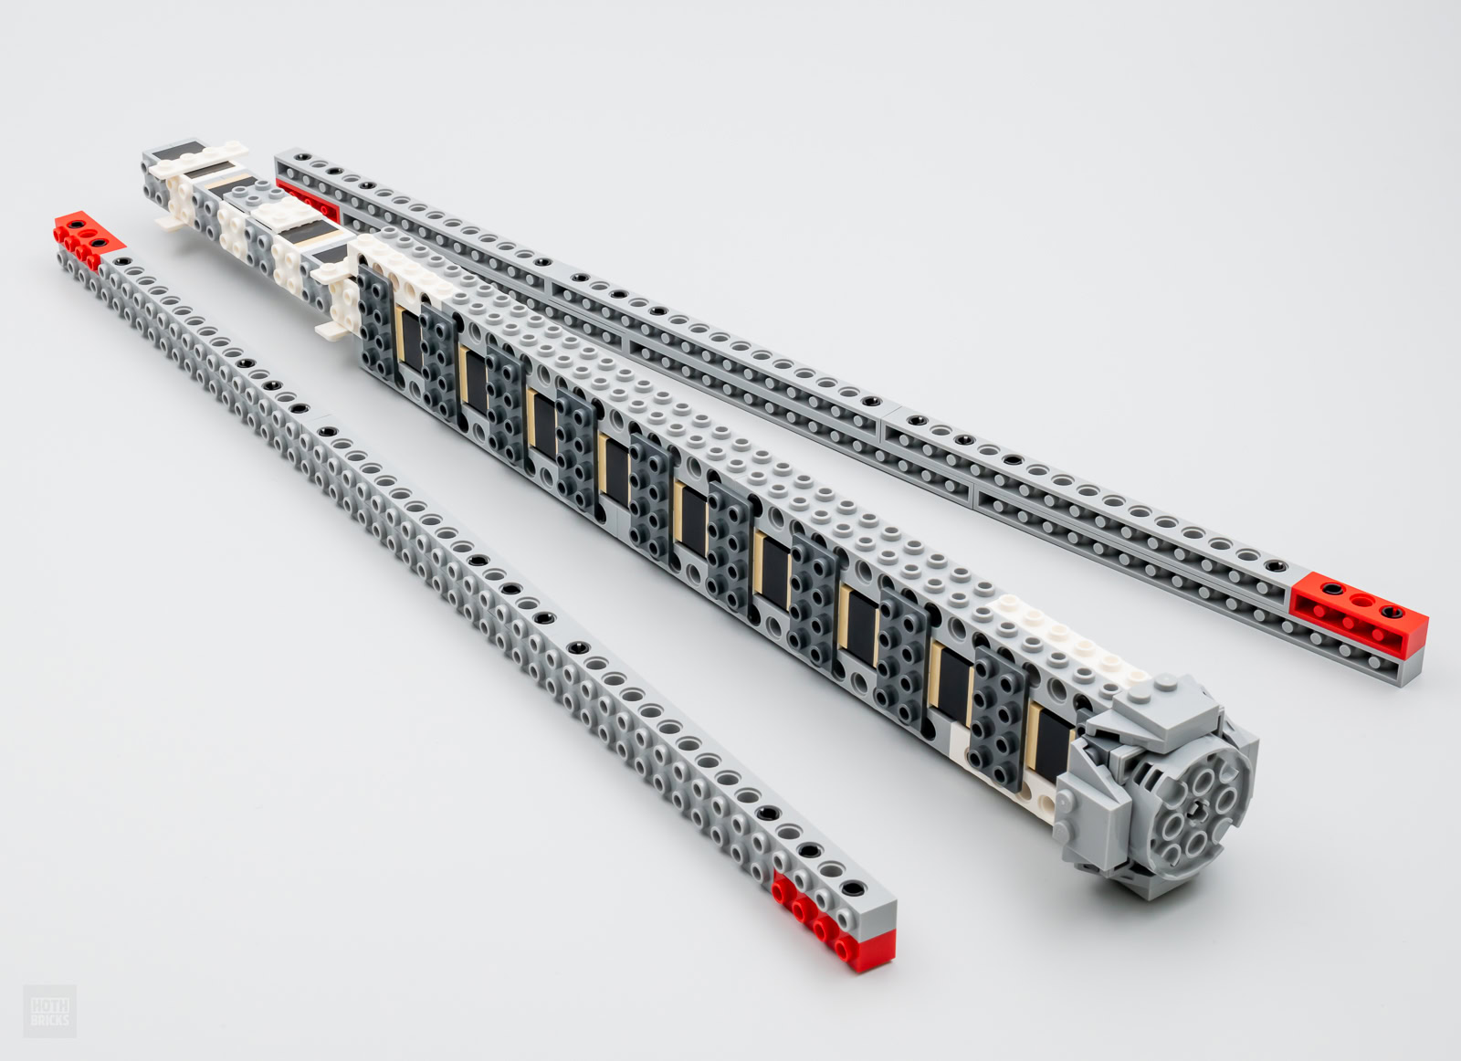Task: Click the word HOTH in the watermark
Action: click(x=49, y=1004)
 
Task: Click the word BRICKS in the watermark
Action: click(x=49, y=1019)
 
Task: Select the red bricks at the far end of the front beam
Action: click(x=88, y=238)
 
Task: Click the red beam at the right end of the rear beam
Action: click(x=1359, y=614)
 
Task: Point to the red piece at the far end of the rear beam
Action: click(x=308, y=200)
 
